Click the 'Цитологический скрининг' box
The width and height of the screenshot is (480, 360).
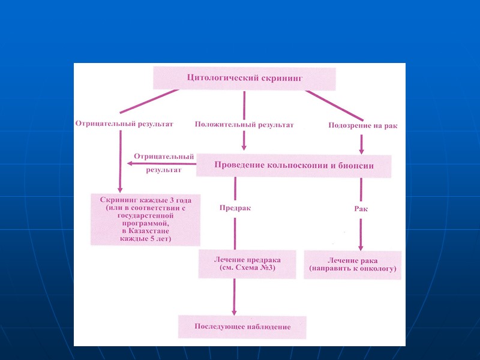[244, 79]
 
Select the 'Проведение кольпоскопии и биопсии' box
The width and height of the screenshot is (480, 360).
[294, 166]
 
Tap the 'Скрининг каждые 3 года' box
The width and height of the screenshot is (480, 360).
[146, 219]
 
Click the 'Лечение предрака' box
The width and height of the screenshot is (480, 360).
[247, 264]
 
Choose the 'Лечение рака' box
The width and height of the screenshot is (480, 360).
[353, 264]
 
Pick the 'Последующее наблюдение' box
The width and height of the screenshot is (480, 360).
[242, 327]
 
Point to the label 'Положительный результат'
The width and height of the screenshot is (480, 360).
[244, 125]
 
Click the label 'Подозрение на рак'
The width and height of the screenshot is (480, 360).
[363, 125]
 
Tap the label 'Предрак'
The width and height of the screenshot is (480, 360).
[235, 208]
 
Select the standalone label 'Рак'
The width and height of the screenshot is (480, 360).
[361, 208]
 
